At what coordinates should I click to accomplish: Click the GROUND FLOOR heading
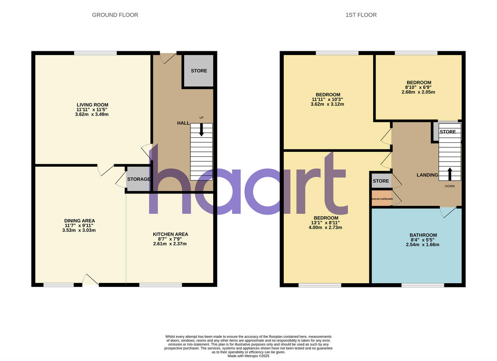click(x=115, y=15)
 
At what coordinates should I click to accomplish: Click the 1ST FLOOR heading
click(x=361, y=15)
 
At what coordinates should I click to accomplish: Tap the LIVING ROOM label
click(x=92, y=105)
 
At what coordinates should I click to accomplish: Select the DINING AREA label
click(x=77, y=221)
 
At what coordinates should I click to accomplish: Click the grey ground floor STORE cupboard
click(x=199, y=71)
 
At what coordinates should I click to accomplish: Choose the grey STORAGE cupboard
click(x=138, y=179)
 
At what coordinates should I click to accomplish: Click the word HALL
click(x=183, y=123)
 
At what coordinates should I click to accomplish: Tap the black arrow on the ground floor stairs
click(x=202, y=130)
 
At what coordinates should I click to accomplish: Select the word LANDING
click(x=427, y=175)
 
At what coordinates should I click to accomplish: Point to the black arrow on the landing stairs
click(x=450, y=174)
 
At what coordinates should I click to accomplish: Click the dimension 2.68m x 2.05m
click(x=418, y=92)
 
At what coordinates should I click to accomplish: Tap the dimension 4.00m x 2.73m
click(x=326, y=227)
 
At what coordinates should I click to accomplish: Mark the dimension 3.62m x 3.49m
click(x=92, y=114)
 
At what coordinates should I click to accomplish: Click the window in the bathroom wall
click(x=422, y=284)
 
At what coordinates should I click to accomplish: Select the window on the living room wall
click(x=95, y=53)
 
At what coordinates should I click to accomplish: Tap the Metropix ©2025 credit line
click(x=248, y=356)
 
